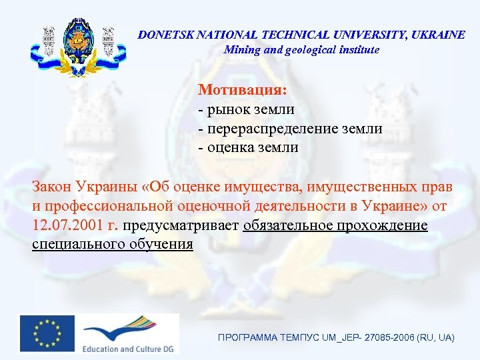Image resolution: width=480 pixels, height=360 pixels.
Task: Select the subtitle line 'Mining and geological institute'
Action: tap(301, 50)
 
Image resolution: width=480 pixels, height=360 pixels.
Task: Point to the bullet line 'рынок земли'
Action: tap(246, 109)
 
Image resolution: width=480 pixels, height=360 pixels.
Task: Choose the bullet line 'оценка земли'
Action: tap(249, 147)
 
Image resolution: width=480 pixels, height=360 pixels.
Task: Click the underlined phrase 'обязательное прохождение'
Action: tap(335, 225)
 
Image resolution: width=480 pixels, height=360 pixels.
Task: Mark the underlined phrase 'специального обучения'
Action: tap(113, 245)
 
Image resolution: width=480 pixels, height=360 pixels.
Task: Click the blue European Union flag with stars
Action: tap(47, 332)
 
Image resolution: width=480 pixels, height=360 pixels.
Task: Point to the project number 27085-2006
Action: tap(390, 339)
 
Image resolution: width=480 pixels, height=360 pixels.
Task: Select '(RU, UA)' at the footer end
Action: tap(436, 339)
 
